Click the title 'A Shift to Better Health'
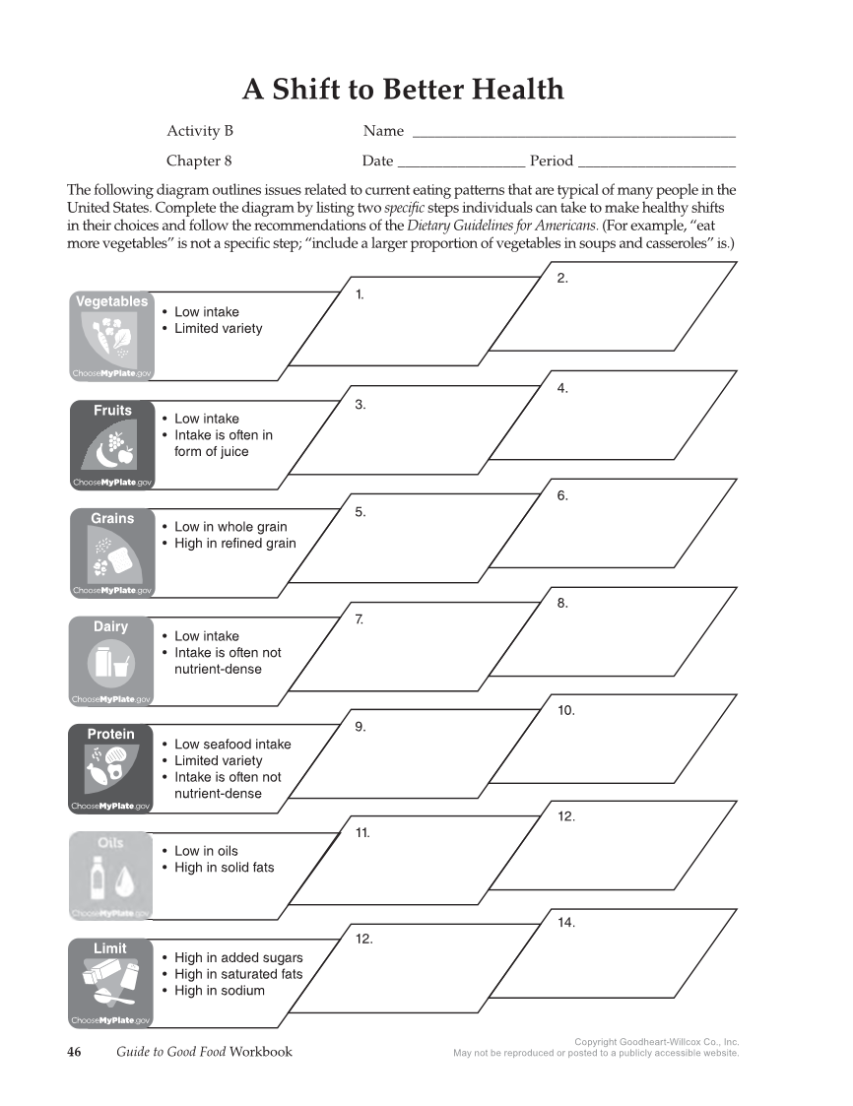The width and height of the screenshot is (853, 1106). pyautogui.click(x=403, y=90)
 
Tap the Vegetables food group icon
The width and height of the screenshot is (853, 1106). pyautogui.click(x=111, y=336)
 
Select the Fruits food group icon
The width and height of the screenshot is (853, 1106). pyautogui.click(x=111, y=444)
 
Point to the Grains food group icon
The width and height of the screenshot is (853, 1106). pyautogui.click(x=111, y=553)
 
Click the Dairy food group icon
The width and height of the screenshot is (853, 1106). pyautogui.click(x=111, y=661)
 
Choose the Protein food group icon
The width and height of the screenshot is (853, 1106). pyautogui.click(x=111, y=768)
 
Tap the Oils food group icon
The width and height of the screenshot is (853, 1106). pyautogui.click(x=111, y=876)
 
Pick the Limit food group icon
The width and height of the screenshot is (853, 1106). pyautogui.click(x=111, y=982)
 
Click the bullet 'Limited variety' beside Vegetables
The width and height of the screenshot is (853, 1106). pyautogui.click(x=218, y=329)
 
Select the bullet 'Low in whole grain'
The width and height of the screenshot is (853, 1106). pyautogui.click(x=230, y=527)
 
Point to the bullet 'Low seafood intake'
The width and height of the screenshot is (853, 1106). pyautogui.click(x=232, y=745)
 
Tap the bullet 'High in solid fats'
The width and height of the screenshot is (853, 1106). pyautogui.click(x=224, y=868)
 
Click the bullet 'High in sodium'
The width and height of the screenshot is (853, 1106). pyautogui.click(x=219, y=991)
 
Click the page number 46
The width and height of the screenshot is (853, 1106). pyautogui.click(x=74, y=1052)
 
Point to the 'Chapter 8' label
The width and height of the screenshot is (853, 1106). pyautogui.click(x=199, y=162)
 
